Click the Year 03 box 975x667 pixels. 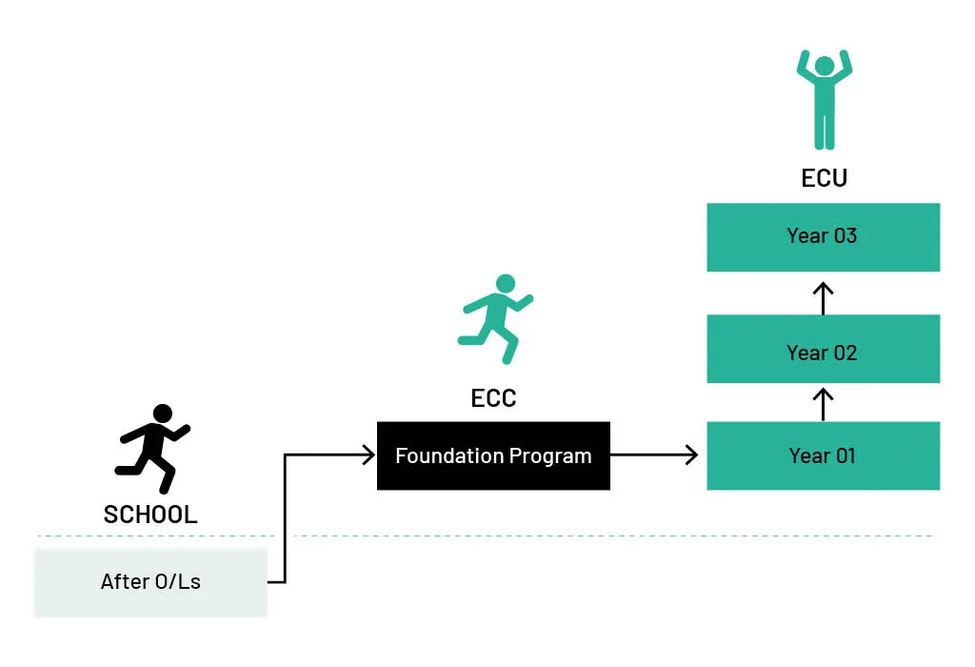(823, 236)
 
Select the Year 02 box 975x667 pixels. (823, 349)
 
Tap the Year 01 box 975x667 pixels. (823, 455)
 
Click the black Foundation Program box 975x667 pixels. (493, 455)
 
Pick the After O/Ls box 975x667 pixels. (150, 581)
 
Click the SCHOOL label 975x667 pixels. (150, 515)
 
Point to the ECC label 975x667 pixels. (493, 398)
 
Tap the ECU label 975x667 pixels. (824, 178)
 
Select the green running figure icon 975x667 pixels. (495, 319)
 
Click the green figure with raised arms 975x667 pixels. (824, 100)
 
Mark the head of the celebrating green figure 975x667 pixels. (824, 66)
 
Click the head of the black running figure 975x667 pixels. (163, 414)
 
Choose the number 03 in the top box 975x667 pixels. (845, 236)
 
